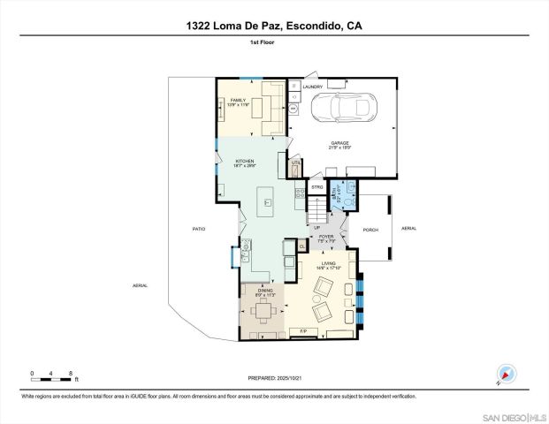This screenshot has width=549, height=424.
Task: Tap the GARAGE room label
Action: click(340, 142)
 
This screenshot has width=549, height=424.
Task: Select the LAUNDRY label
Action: click(312, 87)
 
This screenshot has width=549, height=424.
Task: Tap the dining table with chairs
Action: click(263, 310)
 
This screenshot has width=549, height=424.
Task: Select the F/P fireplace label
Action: click(303, 331)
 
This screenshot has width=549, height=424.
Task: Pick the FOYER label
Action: click(326, 237)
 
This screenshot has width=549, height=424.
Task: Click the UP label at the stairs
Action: click(316, 227)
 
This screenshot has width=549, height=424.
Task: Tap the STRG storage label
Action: click(316, 187)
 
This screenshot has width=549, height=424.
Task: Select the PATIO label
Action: click(199, 230)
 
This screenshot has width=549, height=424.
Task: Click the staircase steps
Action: click(316, 208)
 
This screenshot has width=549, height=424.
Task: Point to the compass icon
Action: click(505, 375)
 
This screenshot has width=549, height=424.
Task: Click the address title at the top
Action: click(274, 26)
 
